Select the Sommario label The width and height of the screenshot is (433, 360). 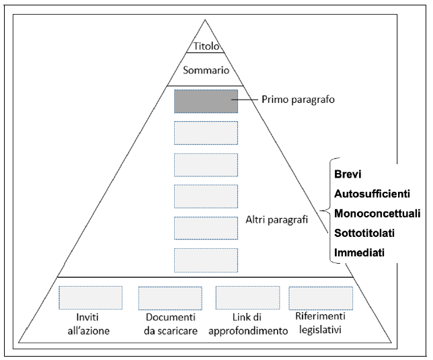206,70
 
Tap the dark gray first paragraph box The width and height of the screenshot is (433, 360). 206,100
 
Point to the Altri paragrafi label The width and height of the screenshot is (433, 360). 276,220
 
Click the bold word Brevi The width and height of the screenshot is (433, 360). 348,174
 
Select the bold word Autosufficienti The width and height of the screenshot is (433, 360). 371,194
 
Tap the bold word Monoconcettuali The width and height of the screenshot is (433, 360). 377,213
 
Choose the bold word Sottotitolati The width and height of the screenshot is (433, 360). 364,233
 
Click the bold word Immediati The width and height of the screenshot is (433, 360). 359,253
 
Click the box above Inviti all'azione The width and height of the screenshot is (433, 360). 90,297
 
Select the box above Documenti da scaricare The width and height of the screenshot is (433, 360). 170,297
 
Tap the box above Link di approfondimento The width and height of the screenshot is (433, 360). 247,297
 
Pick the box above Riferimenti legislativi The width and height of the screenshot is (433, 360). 321,297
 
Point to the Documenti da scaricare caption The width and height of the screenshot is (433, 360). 170,323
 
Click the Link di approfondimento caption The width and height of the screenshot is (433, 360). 247,323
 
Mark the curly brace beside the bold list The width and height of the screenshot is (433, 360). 327,213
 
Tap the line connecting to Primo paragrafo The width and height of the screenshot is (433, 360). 248,100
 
